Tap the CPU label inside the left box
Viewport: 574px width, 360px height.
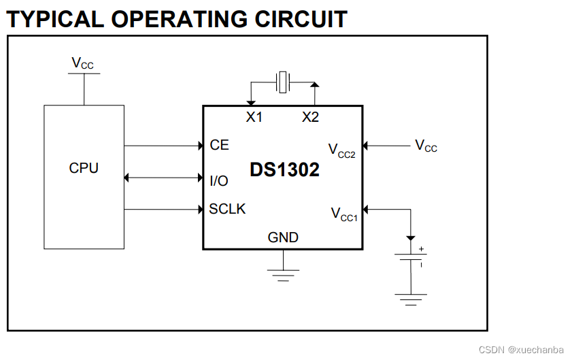84,168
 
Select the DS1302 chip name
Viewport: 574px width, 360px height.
284,169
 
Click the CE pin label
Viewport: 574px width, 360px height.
219,145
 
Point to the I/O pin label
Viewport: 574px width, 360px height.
218,180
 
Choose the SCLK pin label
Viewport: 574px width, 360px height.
227,209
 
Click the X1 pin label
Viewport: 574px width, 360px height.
254,117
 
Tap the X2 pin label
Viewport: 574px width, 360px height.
310,117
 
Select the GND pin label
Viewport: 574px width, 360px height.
283,238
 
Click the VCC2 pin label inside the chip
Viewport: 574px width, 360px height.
341,150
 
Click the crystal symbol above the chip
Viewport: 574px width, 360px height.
282,83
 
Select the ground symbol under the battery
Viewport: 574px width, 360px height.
411,298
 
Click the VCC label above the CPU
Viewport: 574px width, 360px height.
83,64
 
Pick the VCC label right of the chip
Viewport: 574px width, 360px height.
426,146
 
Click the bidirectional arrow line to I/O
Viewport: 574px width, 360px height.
163,178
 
